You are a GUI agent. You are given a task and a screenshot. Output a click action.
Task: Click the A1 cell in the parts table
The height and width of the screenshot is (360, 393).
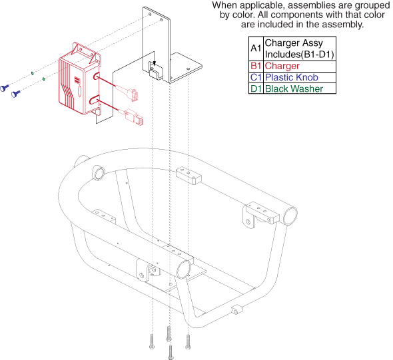click(x=256, y=49)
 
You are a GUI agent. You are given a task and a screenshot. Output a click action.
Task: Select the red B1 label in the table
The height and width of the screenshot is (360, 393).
click(x=256, y=66)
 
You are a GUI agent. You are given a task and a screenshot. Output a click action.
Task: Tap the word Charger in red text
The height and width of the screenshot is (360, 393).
click(x=282, y=66)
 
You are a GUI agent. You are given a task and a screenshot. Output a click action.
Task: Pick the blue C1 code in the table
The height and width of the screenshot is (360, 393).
click(x=256, y=77)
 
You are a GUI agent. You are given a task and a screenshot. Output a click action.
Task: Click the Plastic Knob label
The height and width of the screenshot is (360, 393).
click(x=292, y=77)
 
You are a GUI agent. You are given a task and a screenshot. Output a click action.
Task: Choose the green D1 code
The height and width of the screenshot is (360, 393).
click(x=256, y=89)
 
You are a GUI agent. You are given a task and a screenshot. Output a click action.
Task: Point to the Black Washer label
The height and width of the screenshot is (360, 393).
click(x=294, y=89)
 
